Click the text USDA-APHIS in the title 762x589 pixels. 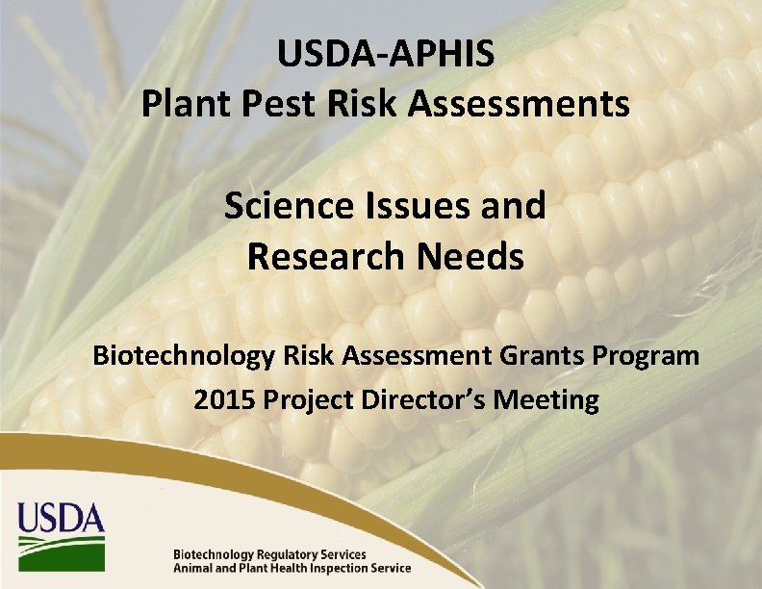pyautogui.click(x=386, y=55)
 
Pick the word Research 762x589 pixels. pyautogui.click(x=326, y=257)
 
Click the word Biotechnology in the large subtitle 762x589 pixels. pyautogui.click(x=183, y=356)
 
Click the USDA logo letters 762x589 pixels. pyautogui.click(x=60, y=520)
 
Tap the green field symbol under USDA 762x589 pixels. pyautogui.click(x=60, y=552)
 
